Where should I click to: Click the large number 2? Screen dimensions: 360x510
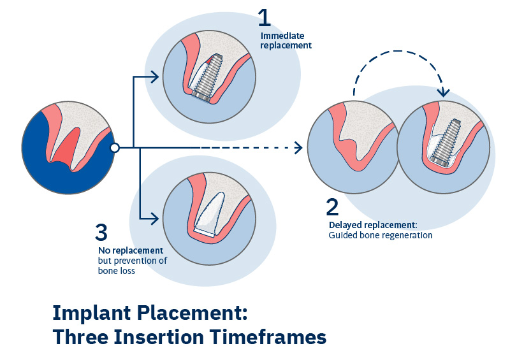(333, 208)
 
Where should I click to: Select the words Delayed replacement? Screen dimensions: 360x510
(372, 225)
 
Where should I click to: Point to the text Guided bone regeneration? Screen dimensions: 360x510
(381, 235)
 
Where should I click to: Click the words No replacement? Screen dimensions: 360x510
(131, 250)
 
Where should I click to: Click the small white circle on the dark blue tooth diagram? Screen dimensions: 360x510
(114, 148)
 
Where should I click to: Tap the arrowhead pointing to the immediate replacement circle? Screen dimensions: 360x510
(154, 77)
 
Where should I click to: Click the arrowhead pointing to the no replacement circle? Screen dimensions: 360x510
(154, 220)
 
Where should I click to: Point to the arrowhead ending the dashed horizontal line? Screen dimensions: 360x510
(298, 148)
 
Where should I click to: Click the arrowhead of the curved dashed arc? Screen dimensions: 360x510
(444, 92)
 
